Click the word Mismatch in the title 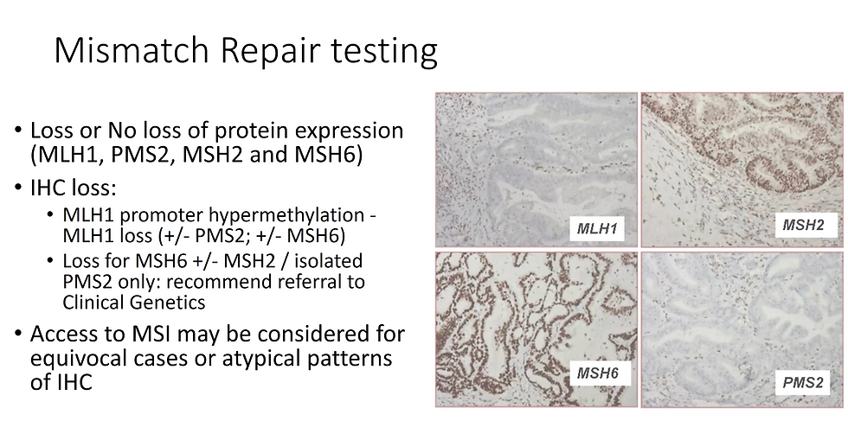click(x=132, y=50)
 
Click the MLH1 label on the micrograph click(x=596, y=228)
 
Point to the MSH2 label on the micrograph click(x=803, y=225)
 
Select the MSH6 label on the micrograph click(x=597, y=373)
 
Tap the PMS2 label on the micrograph click(x=803, y=383)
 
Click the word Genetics click(x=168, y=302)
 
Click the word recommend click(x=218, y=282)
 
